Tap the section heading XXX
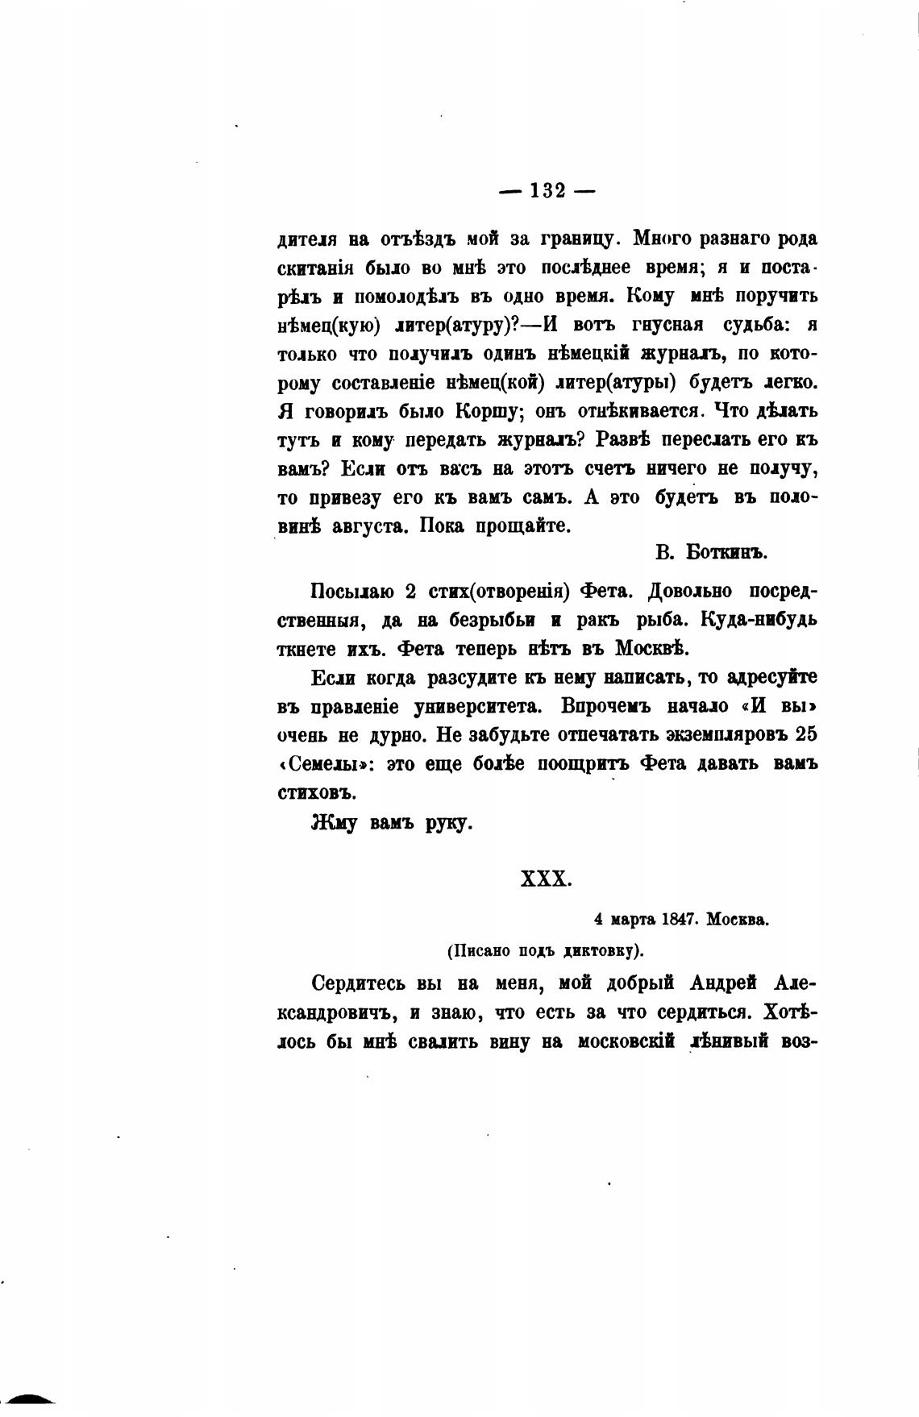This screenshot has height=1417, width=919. click(547, 878)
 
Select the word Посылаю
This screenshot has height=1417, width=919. click(351, 592)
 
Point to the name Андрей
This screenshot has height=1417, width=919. click(726, 983)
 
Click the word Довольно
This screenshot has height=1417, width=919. click(690, 592)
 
